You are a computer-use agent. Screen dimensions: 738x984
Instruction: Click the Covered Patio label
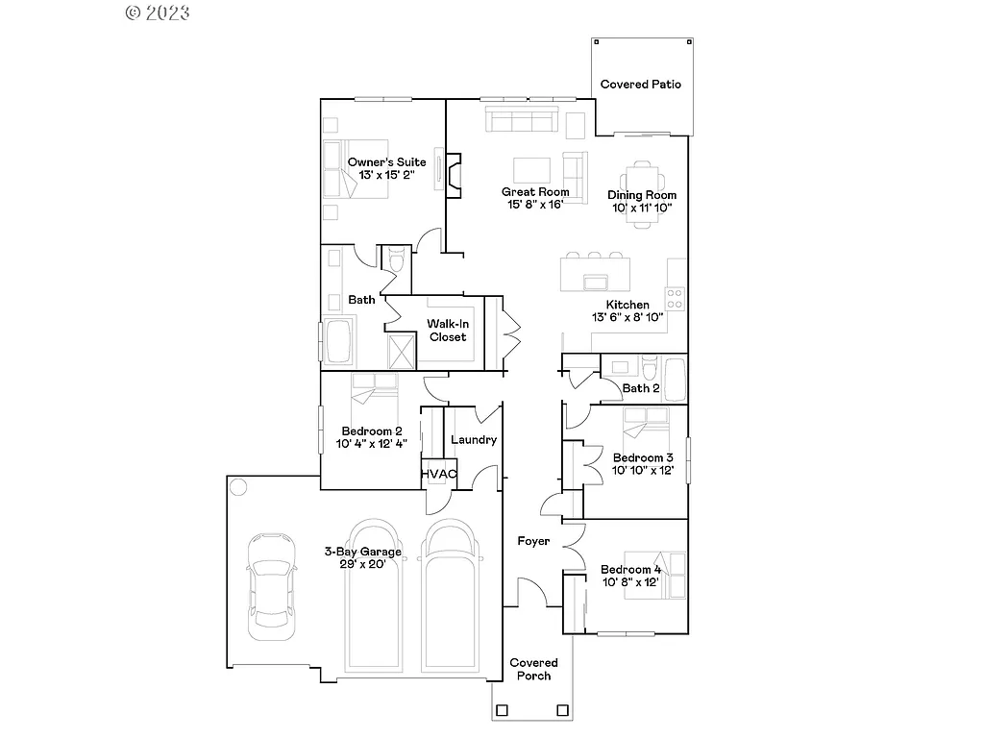click(x=640, y=85)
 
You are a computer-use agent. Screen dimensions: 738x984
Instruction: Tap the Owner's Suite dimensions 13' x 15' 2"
click(x=386, y=176)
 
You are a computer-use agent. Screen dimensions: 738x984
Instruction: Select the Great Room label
click(x=535, y=191)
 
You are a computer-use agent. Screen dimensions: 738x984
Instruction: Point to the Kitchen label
click(x=627, y=305)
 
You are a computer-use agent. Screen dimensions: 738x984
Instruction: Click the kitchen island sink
click(x=596, y=281)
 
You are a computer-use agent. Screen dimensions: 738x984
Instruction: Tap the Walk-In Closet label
click(x=448, y=331)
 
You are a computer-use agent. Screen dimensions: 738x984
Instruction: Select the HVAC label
click(x=438, y=475)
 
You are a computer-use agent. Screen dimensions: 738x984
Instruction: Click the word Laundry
click(x=474, y=440)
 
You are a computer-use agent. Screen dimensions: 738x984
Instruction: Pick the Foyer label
click(x=533, y=541)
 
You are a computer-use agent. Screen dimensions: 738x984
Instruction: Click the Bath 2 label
click(x=641, y=388)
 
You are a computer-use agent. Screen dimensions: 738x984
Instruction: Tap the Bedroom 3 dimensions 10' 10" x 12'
click(x=643, y=471)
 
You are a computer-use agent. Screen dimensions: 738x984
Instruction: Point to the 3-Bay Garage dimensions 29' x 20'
click(x=362, y=565)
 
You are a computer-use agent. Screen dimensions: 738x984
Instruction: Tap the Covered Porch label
click(x=533, y=669)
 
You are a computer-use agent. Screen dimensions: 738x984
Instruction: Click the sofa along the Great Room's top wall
click(x=522, y=120)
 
